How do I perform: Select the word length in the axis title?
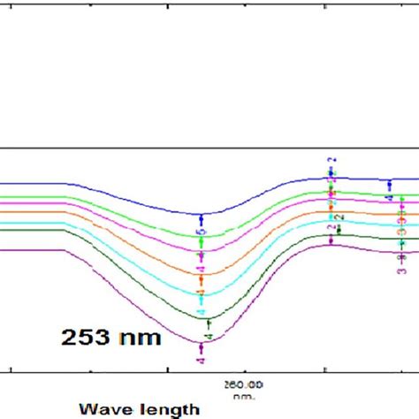169,409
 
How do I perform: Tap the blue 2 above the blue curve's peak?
333,162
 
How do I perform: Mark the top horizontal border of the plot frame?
209,148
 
